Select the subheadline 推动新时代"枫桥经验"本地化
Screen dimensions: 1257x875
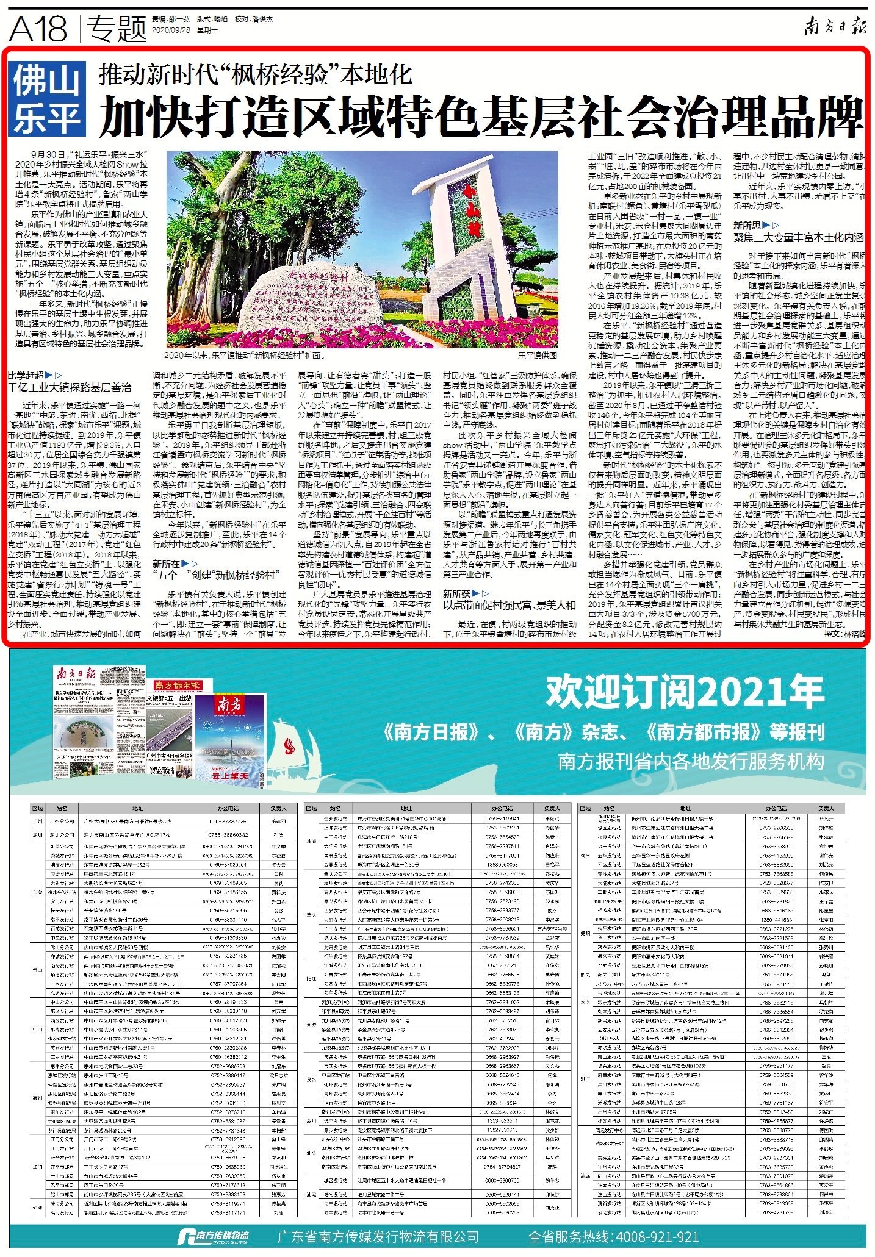click(x=256, y=75)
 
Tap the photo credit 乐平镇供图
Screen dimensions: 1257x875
click(x=537, y=354)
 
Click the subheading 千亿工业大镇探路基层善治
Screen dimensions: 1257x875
click(x=69, y=387)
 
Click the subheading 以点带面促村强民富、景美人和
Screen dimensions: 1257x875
click(x=509, y=605)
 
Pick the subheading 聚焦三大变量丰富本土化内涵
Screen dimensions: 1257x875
click(x=798, y=237)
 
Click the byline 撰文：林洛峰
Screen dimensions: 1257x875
click(x=844, y=634)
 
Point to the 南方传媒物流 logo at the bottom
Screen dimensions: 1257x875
click(x=213, y=1236)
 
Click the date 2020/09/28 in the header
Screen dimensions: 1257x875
click(x=170, y=29)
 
